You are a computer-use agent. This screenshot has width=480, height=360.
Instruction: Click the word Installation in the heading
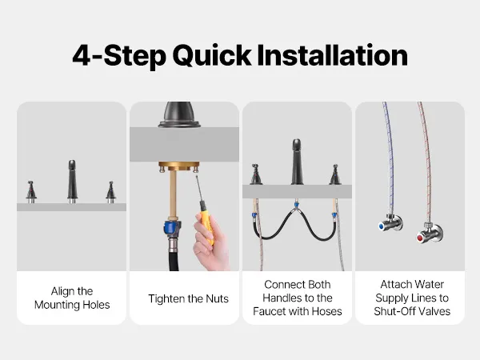coord(333,55)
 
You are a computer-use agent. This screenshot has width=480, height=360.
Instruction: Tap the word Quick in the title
coord(212,56)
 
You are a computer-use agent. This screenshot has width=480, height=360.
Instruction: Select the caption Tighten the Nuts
coord(188,298)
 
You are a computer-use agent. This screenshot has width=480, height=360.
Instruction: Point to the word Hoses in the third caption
coord(326,311)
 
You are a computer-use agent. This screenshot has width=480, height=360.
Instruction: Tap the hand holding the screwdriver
coord(212,242)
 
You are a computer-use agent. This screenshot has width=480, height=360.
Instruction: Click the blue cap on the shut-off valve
coord(382,226)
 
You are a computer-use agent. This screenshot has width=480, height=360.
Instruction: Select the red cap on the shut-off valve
coord(420,238)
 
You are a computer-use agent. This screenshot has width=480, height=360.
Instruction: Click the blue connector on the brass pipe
coord(170,227)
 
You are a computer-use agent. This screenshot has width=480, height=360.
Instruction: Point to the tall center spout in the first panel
coord(72,182)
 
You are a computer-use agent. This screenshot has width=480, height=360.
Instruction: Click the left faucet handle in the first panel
coord(31,192)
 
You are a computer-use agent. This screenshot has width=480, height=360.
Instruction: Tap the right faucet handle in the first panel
coord(111,192)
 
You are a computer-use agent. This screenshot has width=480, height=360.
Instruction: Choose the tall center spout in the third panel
coord(296,162)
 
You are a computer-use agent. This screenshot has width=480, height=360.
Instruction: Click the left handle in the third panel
coord(256,174)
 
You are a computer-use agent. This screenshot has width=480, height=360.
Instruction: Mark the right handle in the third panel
coord(335,174)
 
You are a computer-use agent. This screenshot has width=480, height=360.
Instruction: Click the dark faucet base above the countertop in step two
coord(179,114)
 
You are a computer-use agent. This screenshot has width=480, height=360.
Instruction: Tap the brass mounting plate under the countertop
coord(179,166)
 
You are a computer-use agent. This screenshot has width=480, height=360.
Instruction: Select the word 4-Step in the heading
coord(119,56)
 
